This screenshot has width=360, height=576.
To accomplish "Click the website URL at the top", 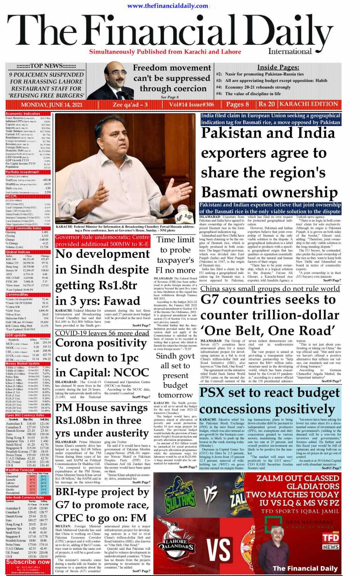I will click(168, 6).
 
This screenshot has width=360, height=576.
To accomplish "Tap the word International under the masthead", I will click(290, 51).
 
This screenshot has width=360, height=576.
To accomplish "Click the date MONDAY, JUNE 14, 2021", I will click(51, 105).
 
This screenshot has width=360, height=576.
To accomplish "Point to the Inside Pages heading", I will click(278, 67).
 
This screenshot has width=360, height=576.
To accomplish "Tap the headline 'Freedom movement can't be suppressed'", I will click(172, 78).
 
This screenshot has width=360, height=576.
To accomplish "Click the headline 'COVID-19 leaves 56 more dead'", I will click(102, 333).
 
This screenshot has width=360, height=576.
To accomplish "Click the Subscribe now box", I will click(28, 562).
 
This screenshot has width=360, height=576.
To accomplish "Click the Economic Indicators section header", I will click(23, 113).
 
